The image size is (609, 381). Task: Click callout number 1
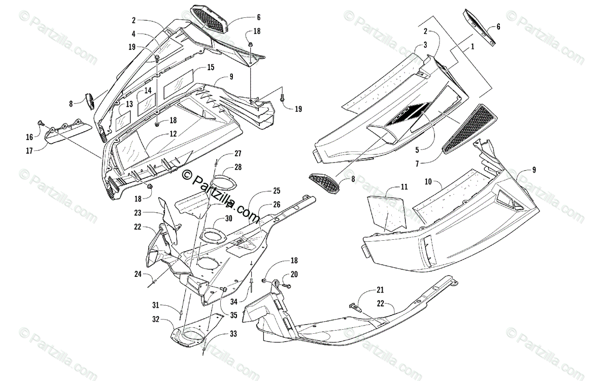(472, 47)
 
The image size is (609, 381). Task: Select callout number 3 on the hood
(425, 46)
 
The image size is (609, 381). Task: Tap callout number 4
(133, 34)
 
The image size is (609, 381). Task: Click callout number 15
(211, 68)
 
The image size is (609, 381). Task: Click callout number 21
(380, 290)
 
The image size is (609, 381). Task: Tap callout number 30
(229, 218)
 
